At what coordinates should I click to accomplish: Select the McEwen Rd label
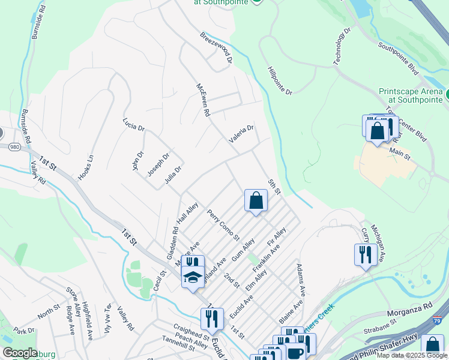[x=202, y=99]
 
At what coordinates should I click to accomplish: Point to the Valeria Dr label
[x=241, y=133]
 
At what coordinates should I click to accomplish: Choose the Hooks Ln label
[x=86, y=169]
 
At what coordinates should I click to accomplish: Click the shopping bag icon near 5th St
[x=256, y=200]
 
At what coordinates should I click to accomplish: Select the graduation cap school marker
[x=193, y=277]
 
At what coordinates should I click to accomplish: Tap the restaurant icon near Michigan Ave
[x=366, y=254]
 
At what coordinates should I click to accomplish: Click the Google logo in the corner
[x=20, y=353]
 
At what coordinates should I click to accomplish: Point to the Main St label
[x=400, y=155]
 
